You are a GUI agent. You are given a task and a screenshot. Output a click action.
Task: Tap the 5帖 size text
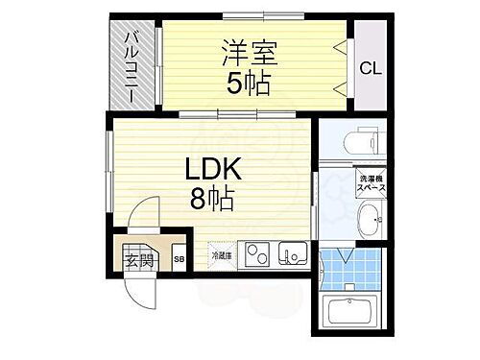pyautogui.click(x=248, y=84)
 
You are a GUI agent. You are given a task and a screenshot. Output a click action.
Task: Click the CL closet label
pyautogui.click(x=369, y=67)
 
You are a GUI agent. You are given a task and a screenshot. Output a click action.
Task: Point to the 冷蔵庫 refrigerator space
pyautogui.click(x=221, y=254)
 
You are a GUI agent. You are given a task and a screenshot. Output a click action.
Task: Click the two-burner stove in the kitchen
pyautogui.click(x=254, y=254)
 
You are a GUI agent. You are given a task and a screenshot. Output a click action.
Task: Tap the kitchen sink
pyautogui.click(x=292, y=254)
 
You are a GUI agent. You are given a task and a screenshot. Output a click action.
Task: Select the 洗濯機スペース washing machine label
pyautogui.click(x=372, y=185)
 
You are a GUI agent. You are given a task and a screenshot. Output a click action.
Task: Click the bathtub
pyautogui.click(x=354, y=313)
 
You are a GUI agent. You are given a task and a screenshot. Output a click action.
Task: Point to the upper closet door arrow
pyautogui.click(x=339, y=45)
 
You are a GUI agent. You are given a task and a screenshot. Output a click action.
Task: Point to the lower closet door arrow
pyautogui.click(x=339, y=87)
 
